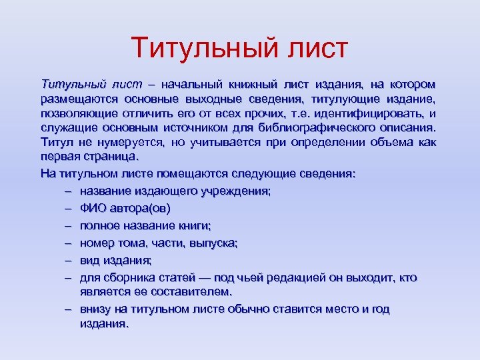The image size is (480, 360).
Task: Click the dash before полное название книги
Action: (69, 225)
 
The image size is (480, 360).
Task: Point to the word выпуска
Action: (213, 243)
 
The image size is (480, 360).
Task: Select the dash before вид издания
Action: (69, 260)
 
